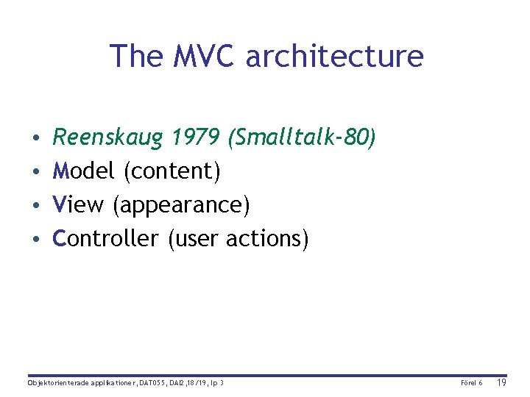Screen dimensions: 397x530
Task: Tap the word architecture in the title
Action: (x=335, y=56)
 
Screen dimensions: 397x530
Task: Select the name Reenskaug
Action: (x=109, y=137)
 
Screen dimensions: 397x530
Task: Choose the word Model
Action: (x=85, y=171)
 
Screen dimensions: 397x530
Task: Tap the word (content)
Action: (x=172, y=171)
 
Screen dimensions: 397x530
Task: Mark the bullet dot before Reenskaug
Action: (x=36, y=138)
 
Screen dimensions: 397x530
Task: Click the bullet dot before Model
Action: (x=36, y=172)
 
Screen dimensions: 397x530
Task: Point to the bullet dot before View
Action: (x=36, y=206)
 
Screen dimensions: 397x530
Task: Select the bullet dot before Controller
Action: (x=36, y=240)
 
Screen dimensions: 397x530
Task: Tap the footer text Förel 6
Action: (x=471, y=383)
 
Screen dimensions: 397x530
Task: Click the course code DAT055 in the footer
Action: (x=152, y=383)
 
